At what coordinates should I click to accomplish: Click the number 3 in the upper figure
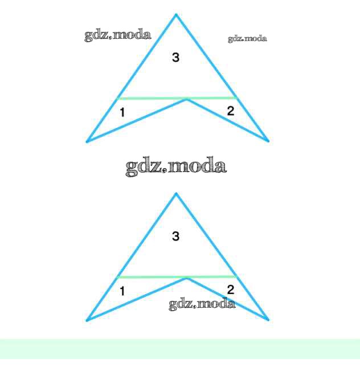click(x=175, y=57)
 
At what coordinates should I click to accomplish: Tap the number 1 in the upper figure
click(x=122, y=112)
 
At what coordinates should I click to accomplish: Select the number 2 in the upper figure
click(x=230, y=111)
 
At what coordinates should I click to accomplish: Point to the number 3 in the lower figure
click(x=175, y=236)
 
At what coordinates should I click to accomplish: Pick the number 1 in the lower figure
click(x=122, y=291)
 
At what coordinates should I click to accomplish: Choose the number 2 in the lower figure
click(x=230, y=290)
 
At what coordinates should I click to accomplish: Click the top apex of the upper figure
click(x=176, y=15)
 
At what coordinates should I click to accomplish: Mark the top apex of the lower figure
click(x=176, y=194)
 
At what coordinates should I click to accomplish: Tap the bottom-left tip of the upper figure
click(x=87, y=141)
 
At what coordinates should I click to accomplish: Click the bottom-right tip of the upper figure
click(x=268, y=140)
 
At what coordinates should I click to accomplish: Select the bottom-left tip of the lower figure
click(x=87, y=320)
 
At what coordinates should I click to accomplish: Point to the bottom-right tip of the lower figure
click(x=268, y=320)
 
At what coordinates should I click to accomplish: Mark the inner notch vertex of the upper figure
click(x=187, y=100)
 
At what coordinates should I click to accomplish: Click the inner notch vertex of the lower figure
click(x=187, y=279)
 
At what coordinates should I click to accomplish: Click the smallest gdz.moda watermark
click(x=247, y=39)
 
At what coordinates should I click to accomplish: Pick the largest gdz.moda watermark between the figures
click(x=176, y=166)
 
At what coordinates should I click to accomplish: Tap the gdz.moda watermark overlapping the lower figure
click(x=202, y=304)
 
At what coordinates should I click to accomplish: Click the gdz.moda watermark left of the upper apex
click(x=118, y=35)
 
